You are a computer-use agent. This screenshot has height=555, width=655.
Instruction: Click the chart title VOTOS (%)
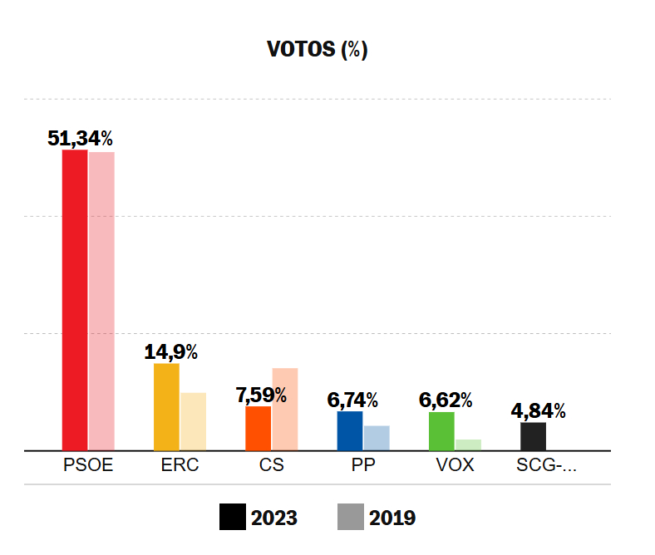click(317, 50)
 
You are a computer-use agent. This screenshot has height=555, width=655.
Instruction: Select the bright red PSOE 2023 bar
click(75, 300)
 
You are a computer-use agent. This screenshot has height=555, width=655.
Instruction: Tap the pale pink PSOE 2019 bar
click(101, 301)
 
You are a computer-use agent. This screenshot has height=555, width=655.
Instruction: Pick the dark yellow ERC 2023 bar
click(166, 407)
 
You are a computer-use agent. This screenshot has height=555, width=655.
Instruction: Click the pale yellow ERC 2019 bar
click(193, 421)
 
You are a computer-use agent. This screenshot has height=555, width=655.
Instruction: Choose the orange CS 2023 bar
click(259, 428)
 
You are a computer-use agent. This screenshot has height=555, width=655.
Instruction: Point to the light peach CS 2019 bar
click(285, 409)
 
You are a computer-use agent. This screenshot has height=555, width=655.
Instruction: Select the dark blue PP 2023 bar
click(350, 430)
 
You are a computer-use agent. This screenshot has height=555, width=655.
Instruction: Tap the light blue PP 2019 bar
click(377, 438)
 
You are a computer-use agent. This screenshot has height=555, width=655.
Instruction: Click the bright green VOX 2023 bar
click(441, 431)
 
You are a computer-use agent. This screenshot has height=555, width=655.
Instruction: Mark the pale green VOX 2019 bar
click(468, 444)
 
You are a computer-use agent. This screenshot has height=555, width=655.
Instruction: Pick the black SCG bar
click(533, 436)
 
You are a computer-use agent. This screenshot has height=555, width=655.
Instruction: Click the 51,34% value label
click(80, 139)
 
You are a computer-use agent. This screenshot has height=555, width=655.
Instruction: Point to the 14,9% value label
click(170, 352)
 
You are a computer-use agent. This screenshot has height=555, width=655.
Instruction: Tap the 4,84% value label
click(538, 411)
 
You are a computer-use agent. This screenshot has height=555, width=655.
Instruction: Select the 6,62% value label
click(445, 400)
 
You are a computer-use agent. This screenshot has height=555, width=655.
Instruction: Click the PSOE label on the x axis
click(88, 465)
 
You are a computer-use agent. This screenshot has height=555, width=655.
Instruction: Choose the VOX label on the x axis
click(455, 465)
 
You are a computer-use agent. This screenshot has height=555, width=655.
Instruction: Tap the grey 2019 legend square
click(350, 518)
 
